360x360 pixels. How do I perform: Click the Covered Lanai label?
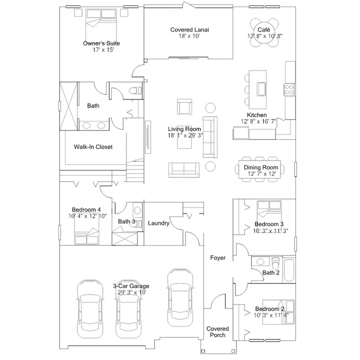point(189,29)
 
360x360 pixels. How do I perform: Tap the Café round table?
point(264,32)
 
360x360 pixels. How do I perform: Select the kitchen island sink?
point(261,89)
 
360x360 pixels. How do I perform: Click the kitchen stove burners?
point(289,89)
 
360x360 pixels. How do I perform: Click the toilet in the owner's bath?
point(135,90)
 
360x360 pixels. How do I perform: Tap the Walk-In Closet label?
point(93,147)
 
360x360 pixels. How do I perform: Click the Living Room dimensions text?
point(185,135)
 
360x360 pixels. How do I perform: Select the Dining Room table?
point(259,169)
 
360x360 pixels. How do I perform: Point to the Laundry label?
point(158,223)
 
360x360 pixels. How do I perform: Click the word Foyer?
point(217,258)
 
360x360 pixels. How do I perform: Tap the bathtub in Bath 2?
point(289,270)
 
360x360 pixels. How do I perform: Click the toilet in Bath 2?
point(275,263)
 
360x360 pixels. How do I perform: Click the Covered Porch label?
point(217,332)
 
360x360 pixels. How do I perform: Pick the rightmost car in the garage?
point(180,297)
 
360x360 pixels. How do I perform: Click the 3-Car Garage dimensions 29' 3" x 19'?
point(132,292)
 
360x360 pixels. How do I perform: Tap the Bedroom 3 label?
point(269,224)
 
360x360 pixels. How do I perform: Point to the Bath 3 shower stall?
point(124,239)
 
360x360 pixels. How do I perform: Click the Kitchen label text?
point(256,115)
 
